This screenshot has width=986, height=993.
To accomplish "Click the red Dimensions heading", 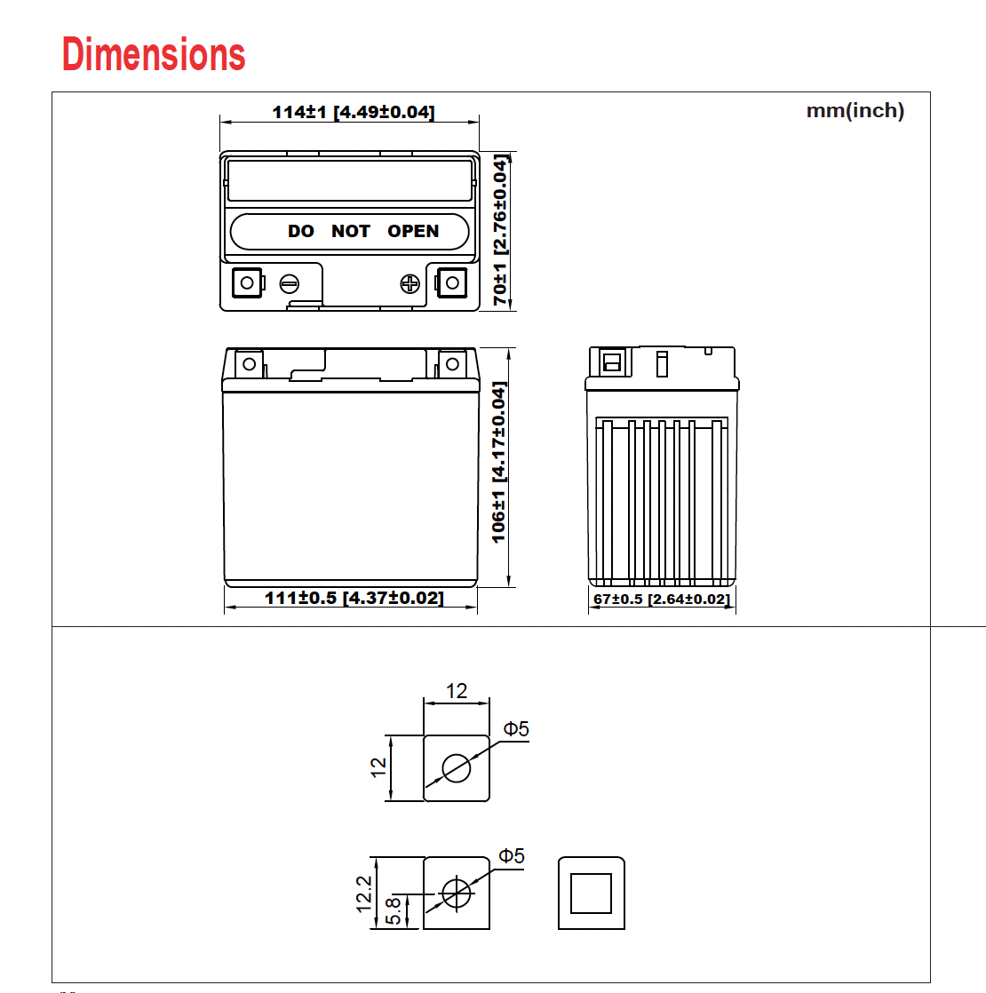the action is coord(154,54).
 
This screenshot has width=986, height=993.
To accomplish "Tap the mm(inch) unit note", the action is coord(855,111).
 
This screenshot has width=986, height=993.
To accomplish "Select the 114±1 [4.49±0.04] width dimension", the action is coord(354,112).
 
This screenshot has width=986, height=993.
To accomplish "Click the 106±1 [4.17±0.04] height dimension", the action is coord(499,462).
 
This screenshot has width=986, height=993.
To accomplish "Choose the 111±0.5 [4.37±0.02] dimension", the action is coord(354,598).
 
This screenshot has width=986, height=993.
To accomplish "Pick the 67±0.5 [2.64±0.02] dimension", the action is coord(662,600).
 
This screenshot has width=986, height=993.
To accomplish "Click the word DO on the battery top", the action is coord(301,231).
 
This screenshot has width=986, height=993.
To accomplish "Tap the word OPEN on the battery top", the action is coord(413,231).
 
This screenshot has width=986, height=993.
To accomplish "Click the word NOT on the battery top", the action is coord(351,231).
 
